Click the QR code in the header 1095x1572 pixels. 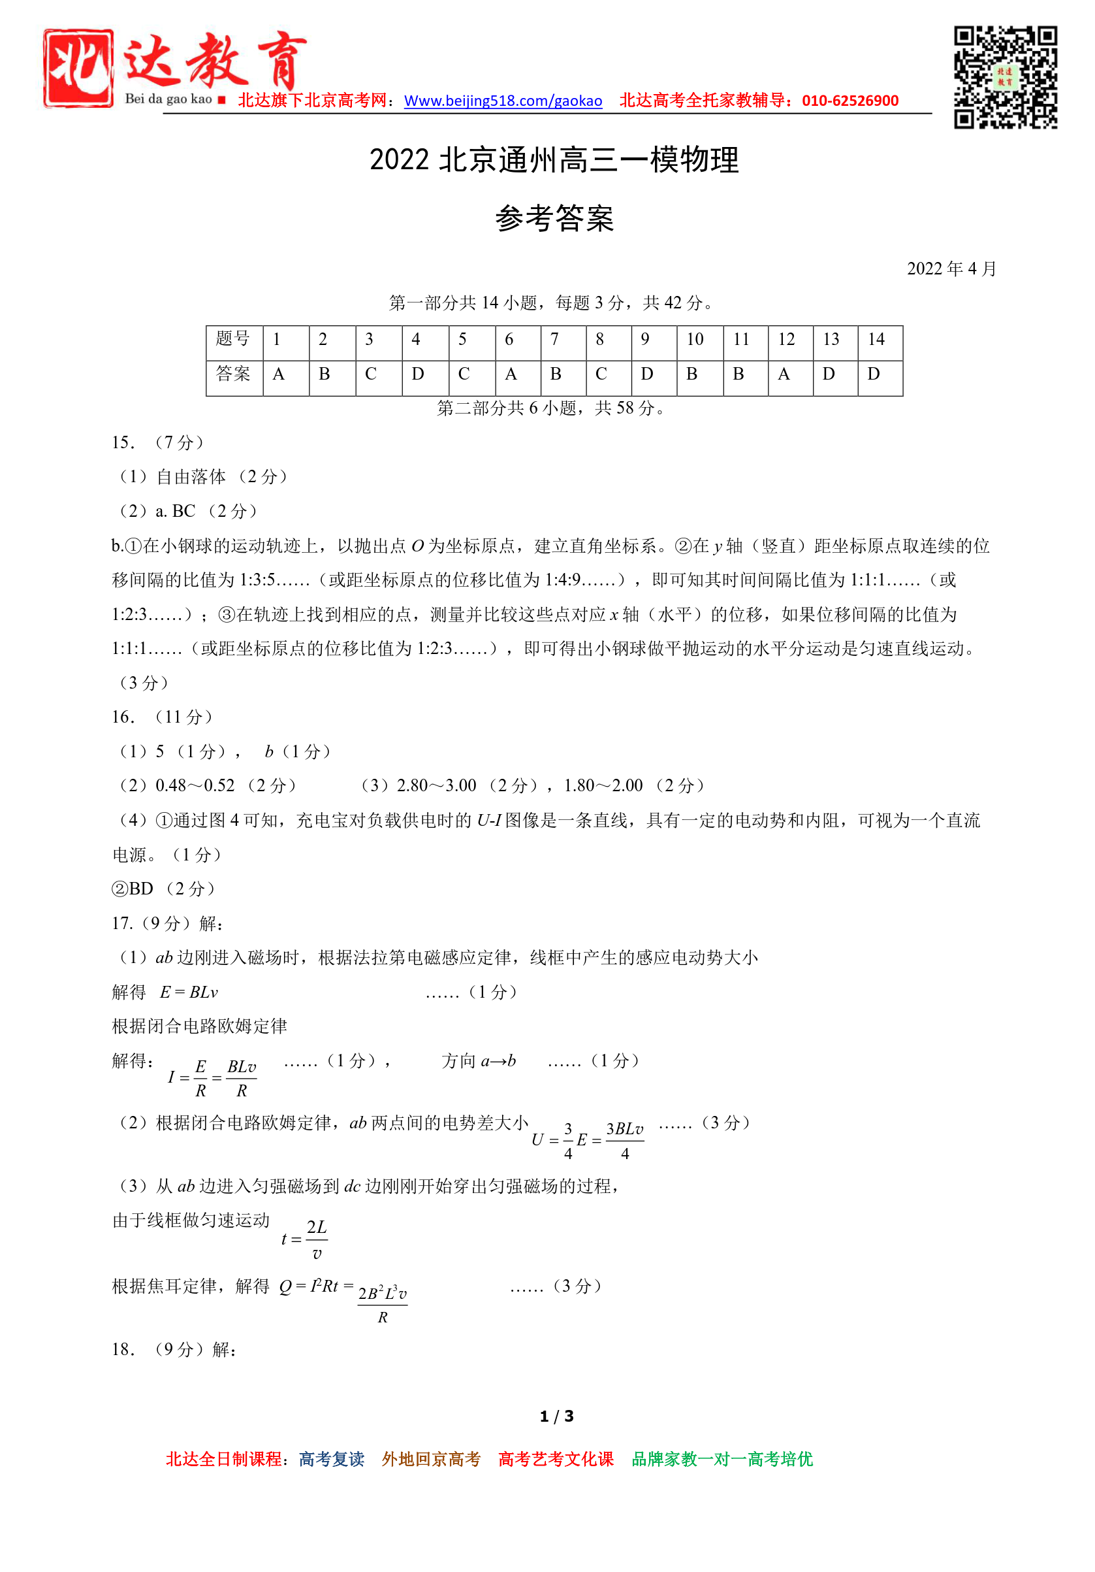coord(1005,77)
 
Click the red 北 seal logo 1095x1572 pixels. coord(78,68)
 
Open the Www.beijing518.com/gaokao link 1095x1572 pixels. coord(503,101)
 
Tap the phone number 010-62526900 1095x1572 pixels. coord(850,101)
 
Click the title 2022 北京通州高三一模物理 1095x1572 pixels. coord(554,160)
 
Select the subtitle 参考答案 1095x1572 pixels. coord(554,218)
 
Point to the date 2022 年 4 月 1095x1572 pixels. coord(951,269)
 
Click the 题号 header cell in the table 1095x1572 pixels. coord(234,340)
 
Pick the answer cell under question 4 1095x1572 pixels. coord(417,374)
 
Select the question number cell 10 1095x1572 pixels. coord(695,340)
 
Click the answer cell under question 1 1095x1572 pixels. coord(279,374)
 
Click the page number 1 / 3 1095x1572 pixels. coord(556,1416)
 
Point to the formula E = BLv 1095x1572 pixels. coord(189,992)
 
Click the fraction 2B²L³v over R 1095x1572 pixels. coord(382,1305)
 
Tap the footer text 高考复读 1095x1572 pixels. coord(331,1459)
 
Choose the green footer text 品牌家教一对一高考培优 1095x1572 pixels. coord(722,1459)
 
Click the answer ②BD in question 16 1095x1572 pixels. coord(133,889)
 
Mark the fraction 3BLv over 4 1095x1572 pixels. coord(624,1140)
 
